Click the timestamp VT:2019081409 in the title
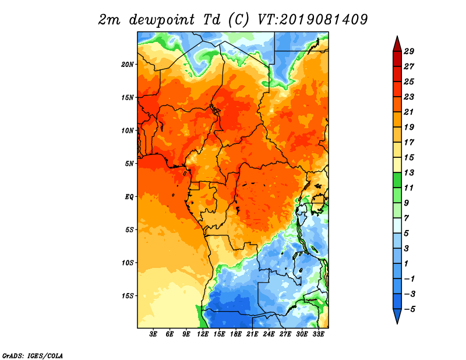312,20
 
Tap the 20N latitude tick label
128,64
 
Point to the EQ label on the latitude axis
129,197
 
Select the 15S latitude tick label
128,296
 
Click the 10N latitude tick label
128,130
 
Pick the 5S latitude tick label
130,230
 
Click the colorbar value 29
408,51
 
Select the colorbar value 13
408,172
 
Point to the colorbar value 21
408,112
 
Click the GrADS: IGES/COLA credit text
32,355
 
